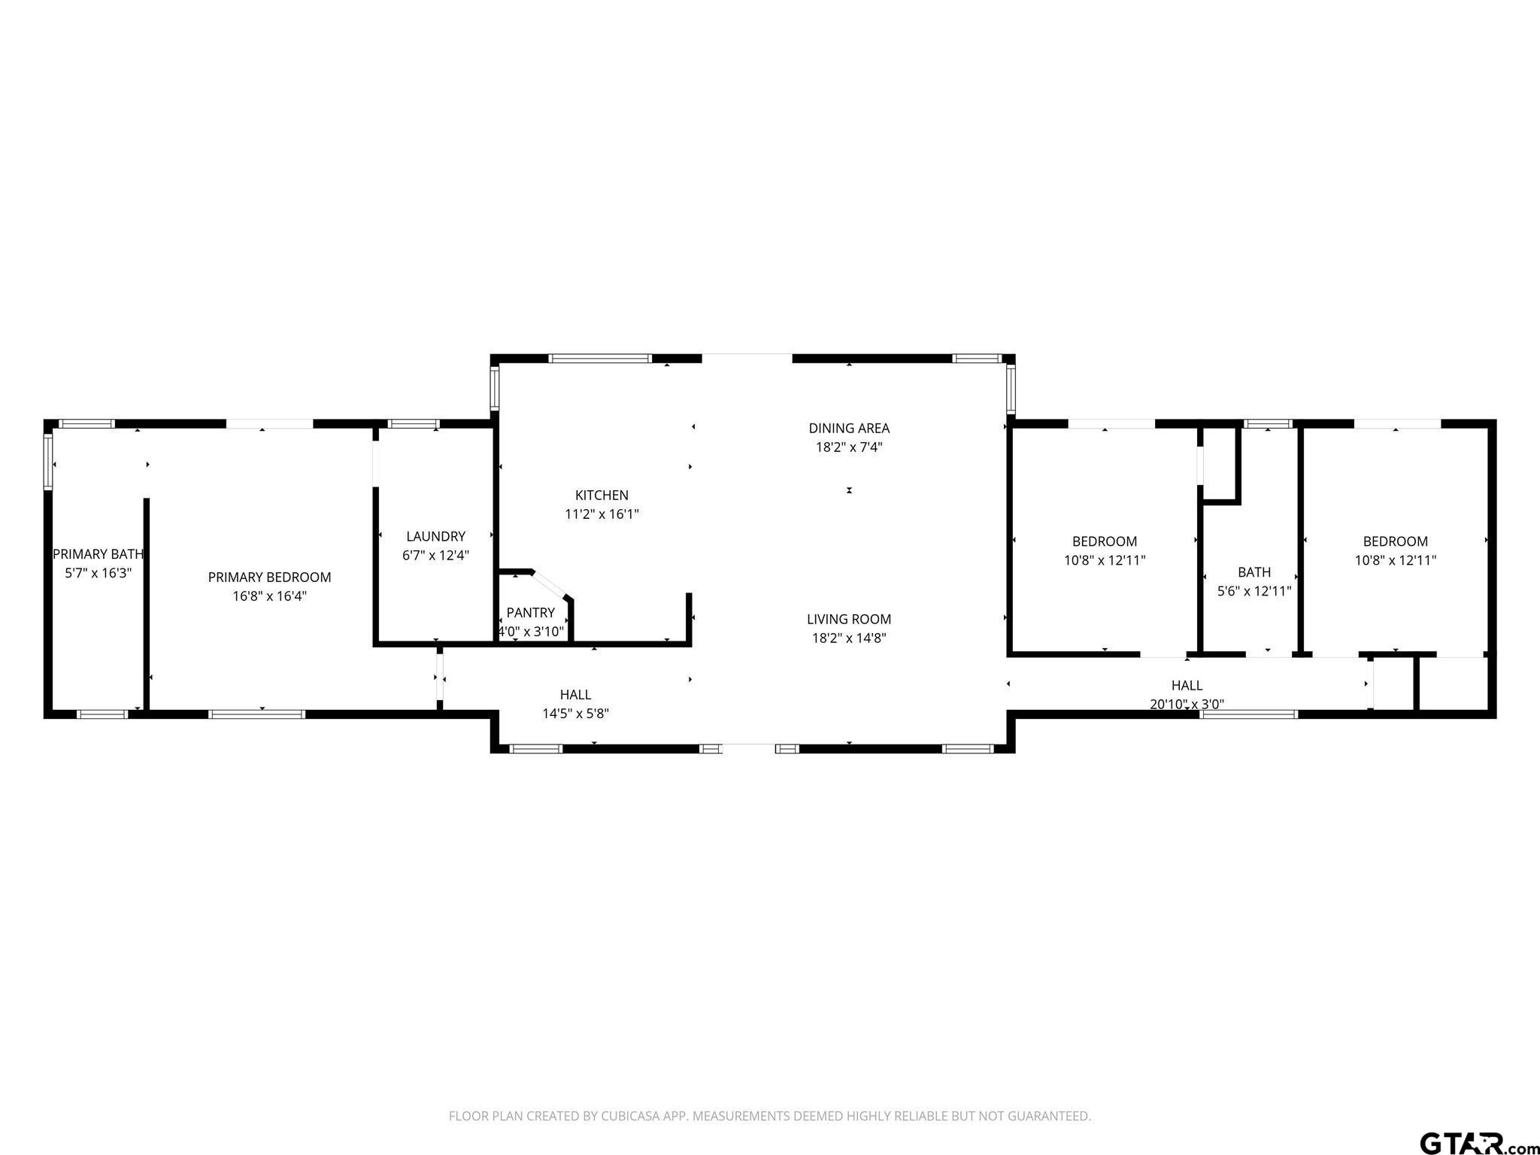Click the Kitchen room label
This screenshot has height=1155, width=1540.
click(602, 496)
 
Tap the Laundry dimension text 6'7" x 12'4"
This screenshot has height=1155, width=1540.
click(436, 556)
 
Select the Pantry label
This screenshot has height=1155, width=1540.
click(531, 613)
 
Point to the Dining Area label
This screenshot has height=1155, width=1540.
click(849, 429)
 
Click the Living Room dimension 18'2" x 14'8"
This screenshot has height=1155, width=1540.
click(849, 638)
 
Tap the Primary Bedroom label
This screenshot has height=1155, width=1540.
click(269, 577)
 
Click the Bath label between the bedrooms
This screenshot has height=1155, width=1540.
click(1254, 572)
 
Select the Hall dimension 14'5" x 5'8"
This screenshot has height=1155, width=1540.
click(576, 714)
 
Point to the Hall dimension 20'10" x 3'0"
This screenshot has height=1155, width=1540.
click(1187, 705)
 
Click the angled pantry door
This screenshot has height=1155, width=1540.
click(549, 584)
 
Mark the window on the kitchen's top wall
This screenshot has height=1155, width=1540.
click(600, 359)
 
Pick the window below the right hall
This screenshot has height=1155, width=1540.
click(1249, 714)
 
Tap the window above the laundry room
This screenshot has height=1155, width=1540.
click(414, 424)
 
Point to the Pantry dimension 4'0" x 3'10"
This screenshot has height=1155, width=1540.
click(531, 632)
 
